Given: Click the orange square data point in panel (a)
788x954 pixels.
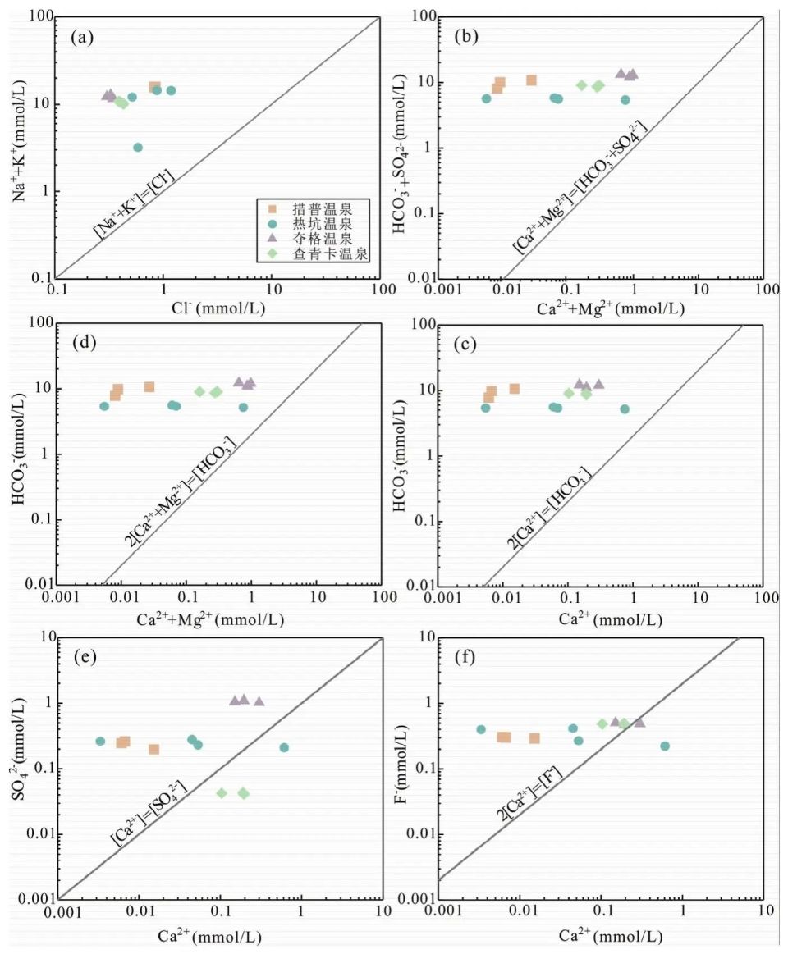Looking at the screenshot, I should point(154,87).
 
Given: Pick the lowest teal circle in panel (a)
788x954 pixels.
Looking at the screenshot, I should point(138,148).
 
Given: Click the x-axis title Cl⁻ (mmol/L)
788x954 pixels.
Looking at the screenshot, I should point(217,308).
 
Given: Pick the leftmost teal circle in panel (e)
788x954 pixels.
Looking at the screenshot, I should point(100,741).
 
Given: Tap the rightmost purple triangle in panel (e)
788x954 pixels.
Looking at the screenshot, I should point(259,701).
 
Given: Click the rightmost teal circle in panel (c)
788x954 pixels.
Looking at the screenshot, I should point(625,409).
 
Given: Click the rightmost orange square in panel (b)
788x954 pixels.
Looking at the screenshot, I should point(531,80).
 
